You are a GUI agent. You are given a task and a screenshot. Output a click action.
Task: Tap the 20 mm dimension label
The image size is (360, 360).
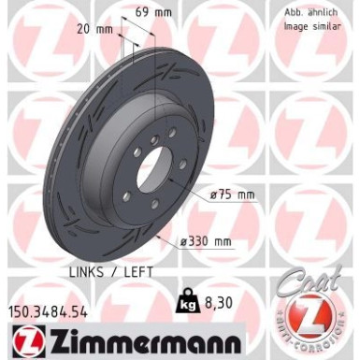point(97,29)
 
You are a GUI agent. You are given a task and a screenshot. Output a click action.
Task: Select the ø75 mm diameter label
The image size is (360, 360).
point(233,194)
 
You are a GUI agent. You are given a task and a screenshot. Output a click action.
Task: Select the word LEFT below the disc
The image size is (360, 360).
point(141,271)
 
